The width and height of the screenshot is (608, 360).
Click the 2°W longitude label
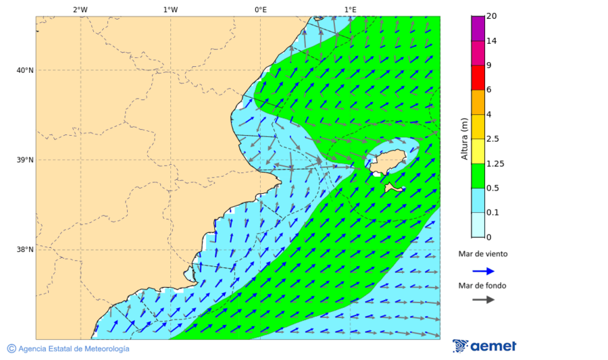click(x=80, y=9)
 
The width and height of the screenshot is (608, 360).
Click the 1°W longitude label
click(x=170, y=9)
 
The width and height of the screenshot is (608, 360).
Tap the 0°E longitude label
click(x=260, y=9)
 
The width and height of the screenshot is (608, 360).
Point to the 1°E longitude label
click(x=350, y=9)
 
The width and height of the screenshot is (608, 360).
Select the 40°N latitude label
click(x=25, y=70)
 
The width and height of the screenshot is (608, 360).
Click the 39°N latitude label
click(x=25, y=160)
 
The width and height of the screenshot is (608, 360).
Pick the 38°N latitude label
click(x=25, y=250)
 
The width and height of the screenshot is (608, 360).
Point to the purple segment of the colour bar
click(x=478, y=28)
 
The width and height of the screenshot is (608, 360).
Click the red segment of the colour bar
click(x=478, y=77)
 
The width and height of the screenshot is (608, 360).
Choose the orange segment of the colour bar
click(x=478, y=102)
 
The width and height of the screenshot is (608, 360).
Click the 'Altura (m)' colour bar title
click(x=464, y=138)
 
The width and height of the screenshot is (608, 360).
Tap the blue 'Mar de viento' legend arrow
click(x=482, y=271)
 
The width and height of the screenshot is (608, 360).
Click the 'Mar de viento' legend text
click(x=482, y=255)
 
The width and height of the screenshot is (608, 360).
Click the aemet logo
click(x=484, y=346)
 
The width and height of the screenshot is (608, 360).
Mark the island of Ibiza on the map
click(x=388, y=163)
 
